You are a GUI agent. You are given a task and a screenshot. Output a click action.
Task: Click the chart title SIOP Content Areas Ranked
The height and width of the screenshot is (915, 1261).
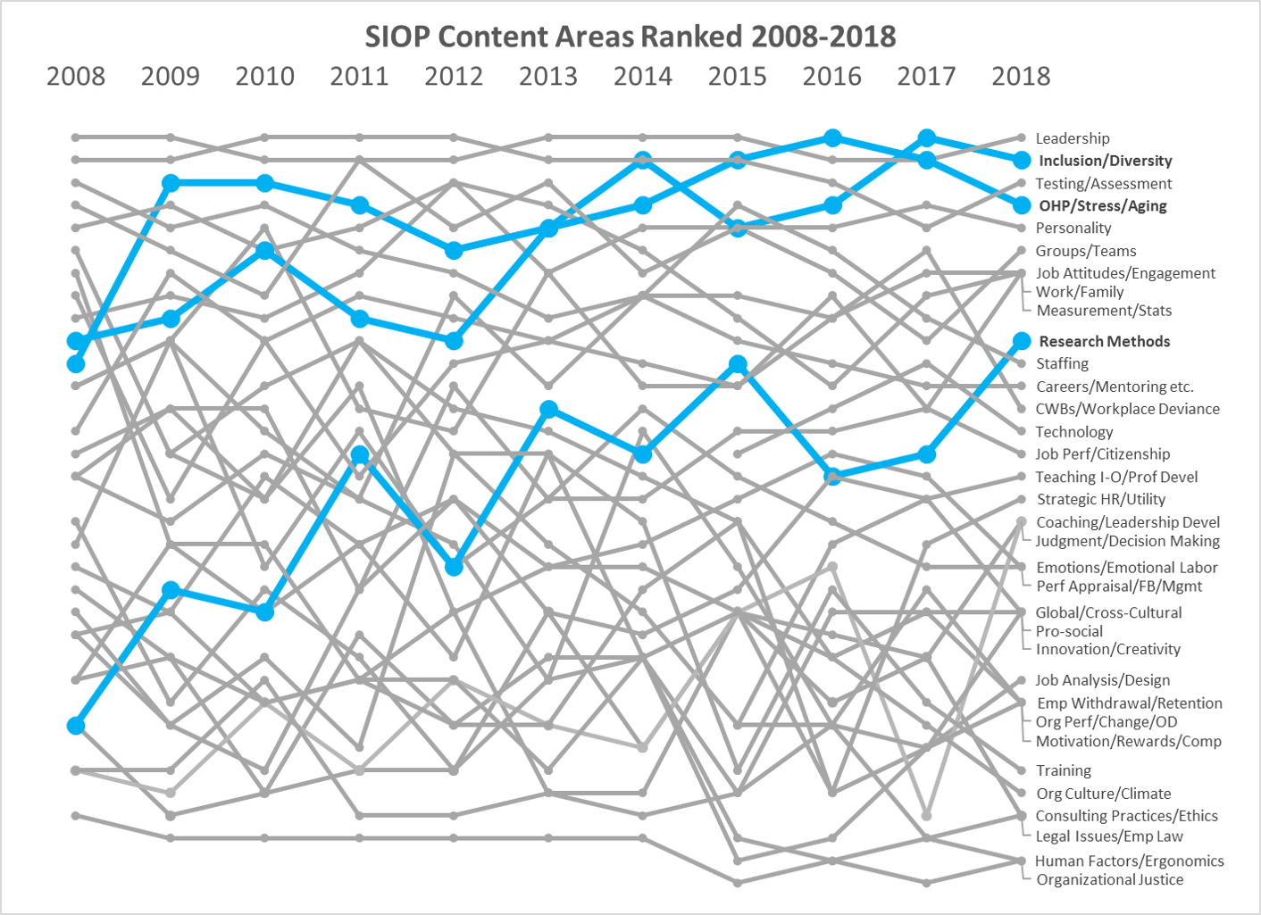click(x=630, y=37)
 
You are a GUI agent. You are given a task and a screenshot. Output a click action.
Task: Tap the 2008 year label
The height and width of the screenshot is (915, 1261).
click(x=76, y=77)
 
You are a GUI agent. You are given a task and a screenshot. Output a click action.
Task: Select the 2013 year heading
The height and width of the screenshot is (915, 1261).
click(x=548, y=77)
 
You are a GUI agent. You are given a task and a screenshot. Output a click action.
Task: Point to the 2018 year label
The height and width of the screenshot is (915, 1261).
click(x=1021, y=77)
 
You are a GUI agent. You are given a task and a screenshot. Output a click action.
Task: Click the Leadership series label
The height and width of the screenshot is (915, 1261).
click(x=1073, y=138)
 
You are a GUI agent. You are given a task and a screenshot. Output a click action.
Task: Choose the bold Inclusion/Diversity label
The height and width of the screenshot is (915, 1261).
click(x=1106, y=161)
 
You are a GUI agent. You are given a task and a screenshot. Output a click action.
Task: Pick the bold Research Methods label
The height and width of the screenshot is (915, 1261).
click(x=1105, y=341)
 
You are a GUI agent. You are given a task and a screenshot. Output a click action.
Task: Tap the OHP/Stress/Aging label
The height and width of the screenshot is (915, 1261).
click(x=1103, y=205)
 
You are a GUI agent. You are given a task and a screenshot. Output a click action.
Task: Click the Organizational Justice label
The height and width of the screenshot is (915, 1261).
click(x=1110, y=879)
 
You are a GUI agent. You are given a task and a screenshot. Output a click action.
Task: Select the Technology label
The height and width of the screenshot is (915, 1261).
click(x=1074, y=432)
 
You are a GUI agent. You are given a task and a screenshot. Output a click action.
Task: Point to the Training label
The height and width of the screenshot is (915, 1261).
click(x=1064, y=770)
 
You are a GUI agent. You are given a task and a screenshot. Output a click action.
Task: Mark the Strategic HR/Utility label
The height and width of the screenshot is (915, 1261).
click(x=1101, y=499)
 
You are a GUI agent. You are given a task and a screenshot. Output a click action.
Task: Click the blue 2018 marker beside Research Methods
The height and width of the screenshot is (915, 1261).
click(x=1022, y=341)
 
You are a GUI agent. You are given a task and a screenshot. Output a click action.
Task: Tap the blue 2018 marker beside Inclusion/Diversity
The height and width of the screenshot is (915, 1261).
click(x=1022, y=161)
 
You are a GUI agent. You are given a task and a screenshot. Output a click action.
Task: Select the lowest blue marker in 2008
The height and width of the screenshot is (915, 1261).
click(x=76, y=726)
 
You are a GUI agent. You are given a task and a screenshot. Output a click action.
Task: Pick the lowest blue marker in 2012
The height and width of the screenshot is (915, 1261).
click(x=454, y=567)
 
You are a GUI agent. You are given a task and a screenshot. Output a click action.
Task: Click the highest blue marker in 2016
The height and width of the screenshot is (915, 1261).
click(x=832, y=137)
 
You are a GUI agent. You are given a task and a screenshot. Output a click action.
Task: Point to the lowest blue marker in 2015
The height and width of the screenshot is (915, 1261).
click(x=738, y=363)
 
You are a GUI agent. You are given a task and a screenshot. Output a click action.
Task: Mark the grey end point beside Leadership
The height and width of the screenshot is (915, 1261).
click(x=1022, y=137)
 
